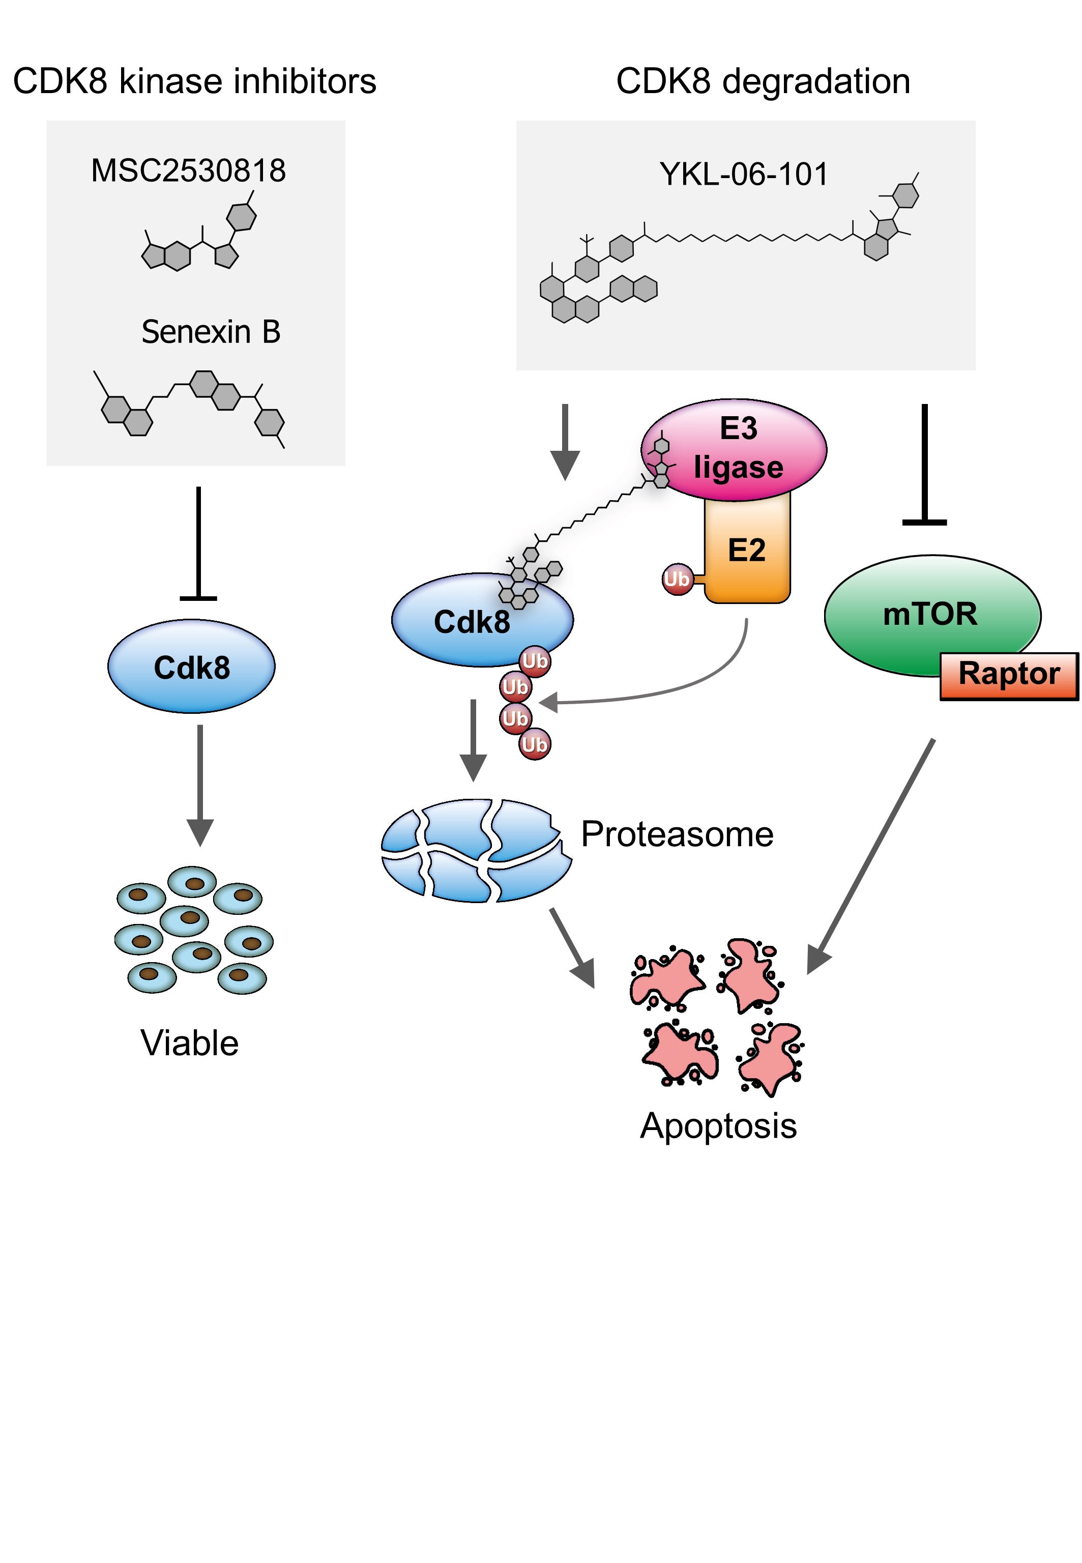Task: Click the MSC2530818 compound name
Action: pyautogui.click(x=188, y=171)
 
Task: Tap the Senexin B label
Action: pyautogui.click(x=211, y=332)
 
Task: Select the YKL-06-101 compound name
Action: pyautogui.click(x=744, y=175)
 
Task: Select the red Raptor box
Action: pyautogui.click(x=1009, y=675)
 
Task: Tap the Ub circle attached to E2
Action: pyautogui.click(x=677, y=580)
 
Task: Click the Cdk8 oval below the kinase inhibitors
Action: pyautogui.click(x=192, y=667)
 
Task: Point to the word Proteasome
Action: pyautogui.click(x=677, y=834)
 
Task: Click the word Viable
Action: pyautogui.click(x=190, y=1043)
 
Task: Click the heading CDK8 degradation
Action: pyautogui.click(x=763, y=81)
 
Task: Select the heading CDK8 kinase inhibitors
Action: pyautogui.click(x=194, y=81)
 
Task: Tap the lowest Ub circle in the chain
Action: pyautogui.click(x=535, y=744)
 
